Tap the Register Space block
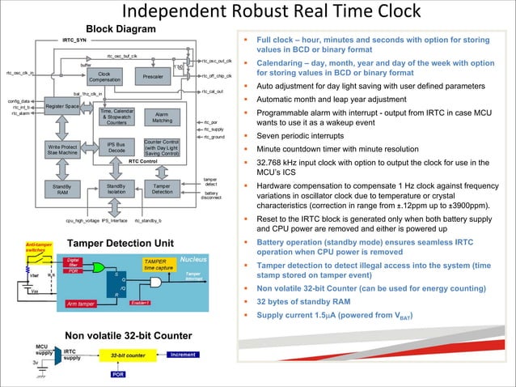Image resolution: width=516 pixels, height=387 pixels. pyautogui.click(x=62, y=107)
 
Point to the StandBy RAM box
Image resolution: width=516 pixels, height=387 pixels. pyautogui.click(x=62, y=189)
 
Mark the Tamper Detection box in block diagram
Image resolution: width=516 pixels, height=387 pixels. pyautogui.click(x=162, y=189)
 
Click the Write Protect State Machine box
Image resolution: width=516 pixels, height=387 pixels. pyautogui.click(x=62, y=149)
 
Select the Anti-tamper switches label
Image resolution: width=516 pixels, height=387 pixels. pyautogui.click(x=39, y=247)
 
